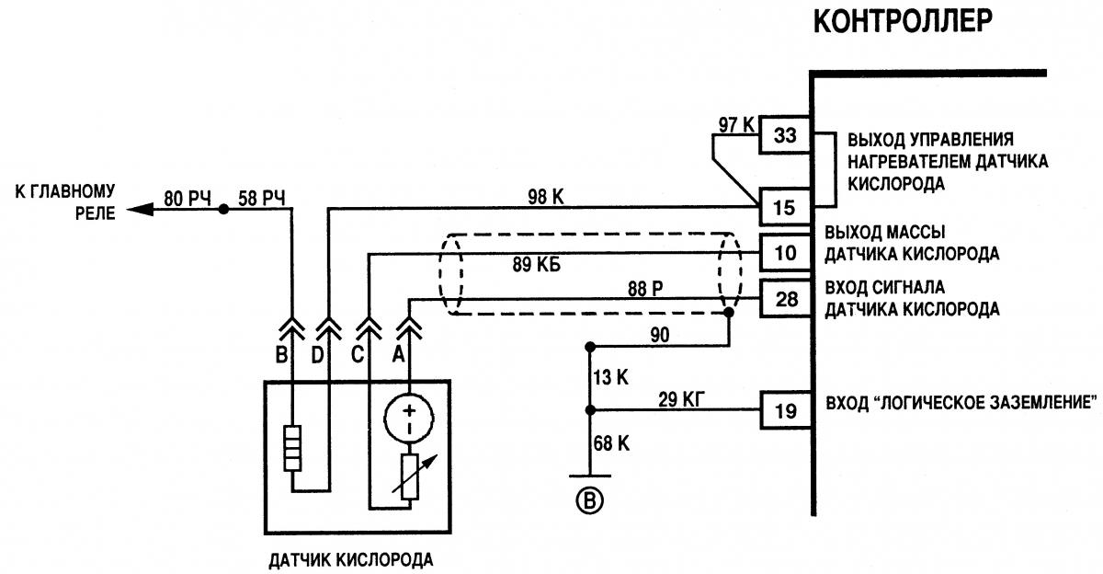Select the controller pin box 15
(784, 207)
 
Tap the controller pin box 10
(784, 252)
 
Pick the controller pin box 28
(784, 299)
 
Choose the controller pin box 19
(784, 410)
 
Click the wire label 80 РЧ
(188, 198)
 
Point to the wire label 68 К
(611, 443)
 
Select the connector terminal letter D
(317, 353)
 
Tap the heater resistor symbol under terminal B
(291, 448)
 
